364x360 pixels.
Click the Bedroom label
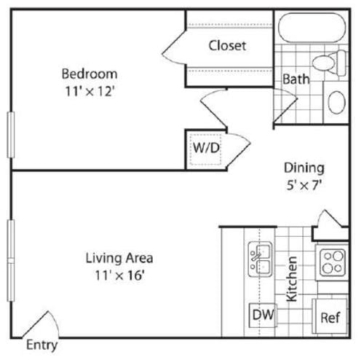(x=90, y=74)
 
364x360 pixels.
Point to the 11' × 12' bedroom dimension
(x=90, y=93)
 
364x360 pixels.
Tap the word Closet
(x=227, y=45)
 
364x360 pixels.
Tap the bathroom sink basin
(x=336, y=101)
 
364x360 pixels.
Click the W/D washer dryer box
(x=205, y=148)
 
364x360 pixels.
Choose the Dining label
(x=304, y=167)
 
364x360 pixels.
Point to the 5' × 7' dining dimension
(x=304, y=185)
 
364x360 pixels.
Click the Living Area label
(x=119, y=257)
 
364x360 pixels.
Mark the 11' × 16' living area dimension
(x=119, y=276)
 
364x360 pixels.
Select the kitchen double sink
(x=258, y=259)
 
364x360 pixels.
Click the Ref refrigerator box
(x=330, y=317)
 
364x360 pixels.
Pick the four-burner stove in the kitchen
(x=332, y=262)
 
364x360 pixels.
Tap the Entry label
(x=41, y=345)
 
